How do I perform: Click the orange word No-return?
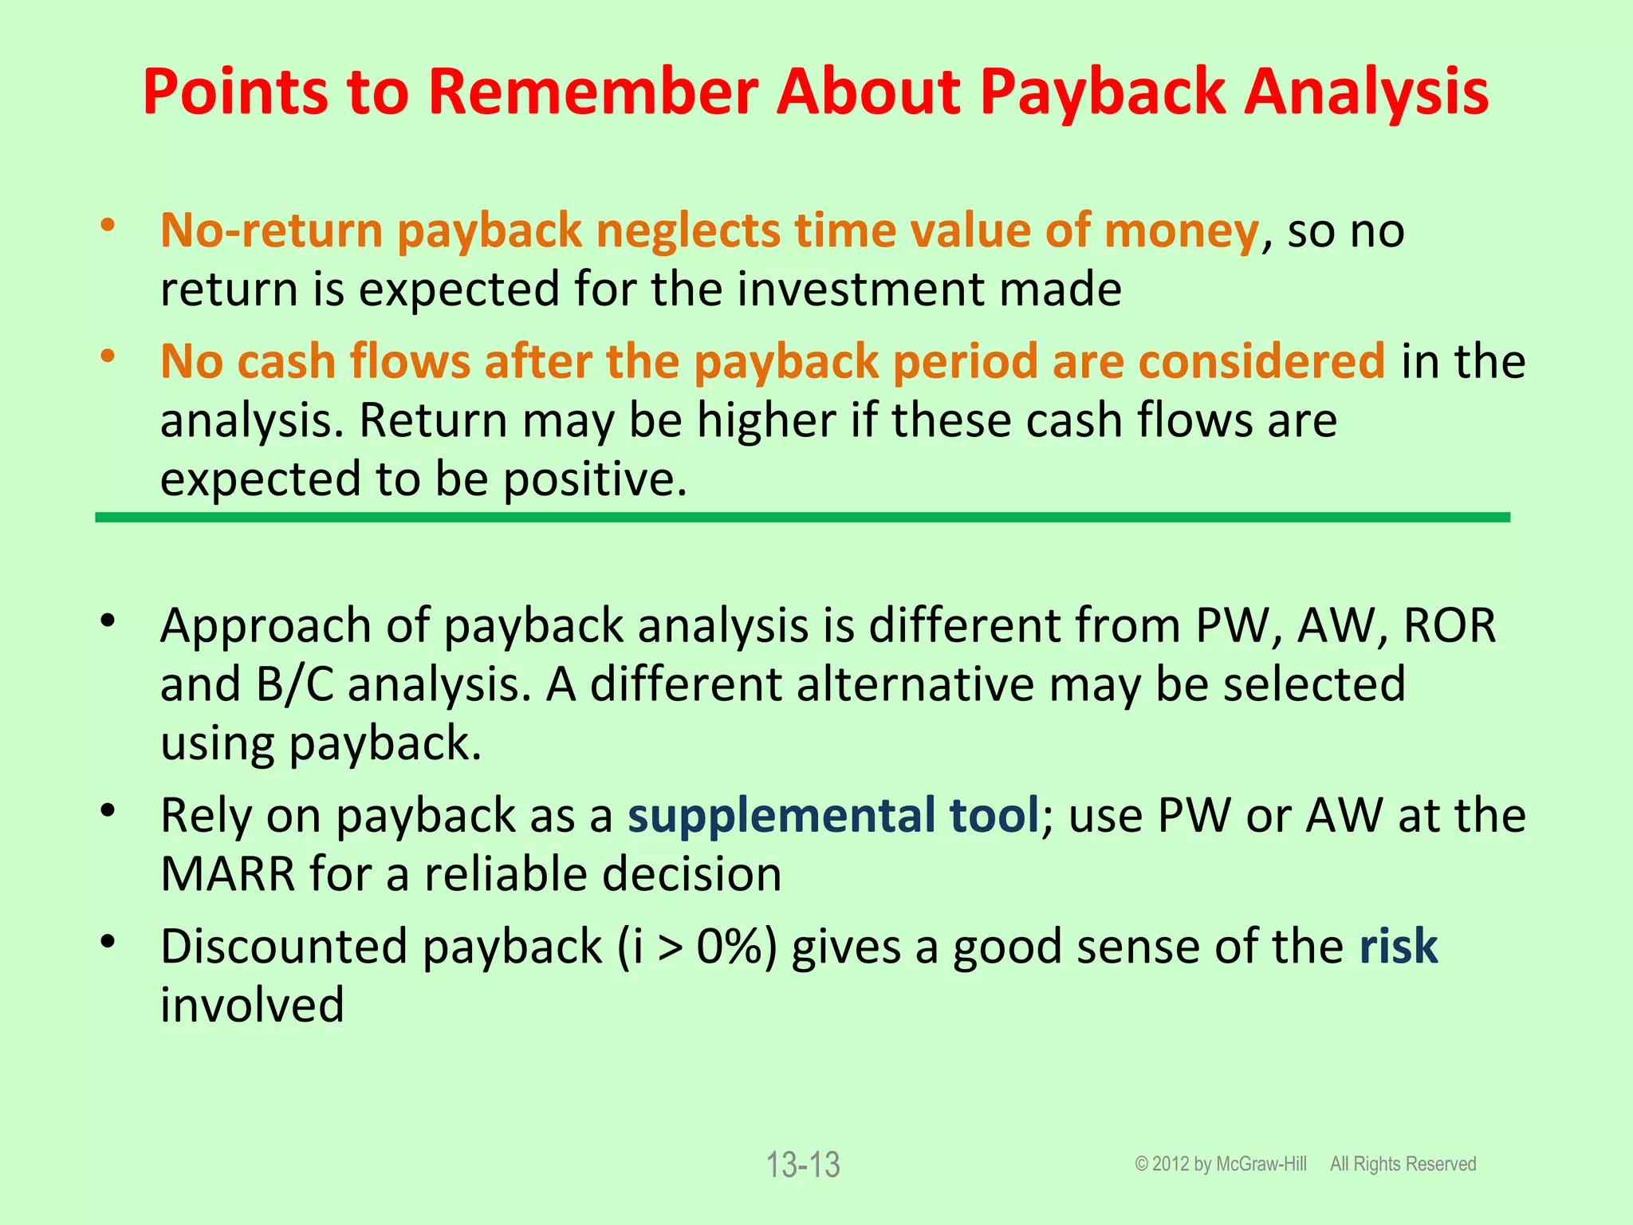(271, 231)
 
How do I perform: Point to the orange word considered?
(1261, 362)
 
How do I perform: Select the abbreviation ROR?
(1449, 625)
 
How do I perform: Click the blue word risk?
(1398, 947)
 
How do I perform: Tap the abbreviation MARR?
(227, 875)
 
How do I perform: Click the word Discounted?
(284, 947)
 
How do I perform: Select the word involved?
(252, 1005)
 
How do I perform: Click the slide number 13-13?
(803, 1165)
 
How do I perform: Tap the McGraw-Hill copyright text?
(1221, 1164)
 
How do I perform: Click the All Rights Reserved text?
(1403, 1164)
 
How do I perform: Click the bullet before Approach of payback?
(108, 620)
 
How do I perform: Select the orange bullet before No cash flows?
(108, 356)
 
